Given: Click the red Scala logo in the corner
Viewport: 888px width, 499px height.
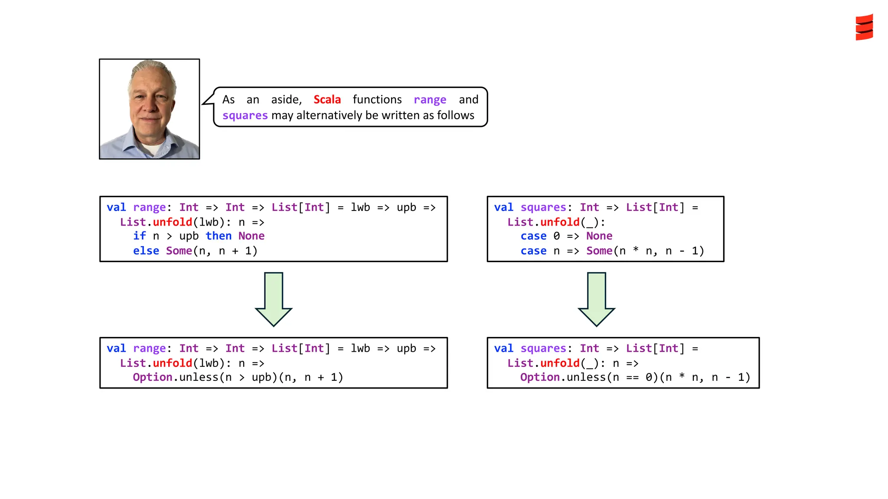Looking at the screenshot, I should pos(864,27).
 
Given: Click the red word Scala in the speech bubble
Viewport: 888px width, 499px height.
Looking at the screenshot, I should pos(327,99).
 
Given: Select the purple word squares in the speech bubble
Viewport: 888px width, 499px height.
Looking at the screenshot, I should pos(245,115).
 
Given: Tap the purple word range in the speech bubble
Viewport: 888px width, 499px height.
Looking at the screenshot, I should pos(430,99).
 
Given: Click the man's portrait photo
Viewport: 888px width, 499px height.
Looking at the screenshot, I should pos(150,109).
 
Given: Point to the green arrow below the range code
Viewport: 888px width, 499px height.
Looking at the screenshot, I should pos(274,299).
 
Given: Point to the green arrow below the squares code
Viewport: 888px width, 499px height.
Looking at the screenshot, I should pos(596,299).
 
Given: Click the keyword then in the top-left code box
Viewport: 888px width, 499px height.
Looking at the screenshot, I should pos(219,236).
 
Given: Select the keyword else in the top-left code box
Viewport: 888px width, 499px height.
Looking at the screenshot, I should pos(146,251).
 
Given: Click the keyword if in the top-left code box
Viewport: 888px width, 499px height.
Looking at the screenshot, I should pos(139,236).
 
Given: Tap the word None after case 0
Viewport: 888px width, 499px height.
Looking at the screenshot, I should pos(599,236).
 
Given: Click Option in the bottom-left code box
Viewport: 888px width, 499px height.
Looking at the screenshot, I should pos(153,377).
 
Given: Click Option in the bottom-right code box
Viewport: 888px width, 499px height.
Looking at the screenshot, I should pos(540,377).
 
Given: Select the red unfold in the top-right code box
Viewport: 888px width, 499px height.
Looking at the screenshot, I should pos(560,222).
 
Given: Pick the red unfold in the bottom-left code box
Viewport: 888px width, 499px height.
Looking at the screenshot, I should pos(173,363).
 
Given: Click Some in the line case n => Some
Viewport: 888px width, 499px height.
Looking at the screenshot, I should pos(599,251).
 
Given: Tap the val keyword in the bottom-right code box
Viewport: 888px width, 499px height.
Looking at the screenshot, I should pos(503,348).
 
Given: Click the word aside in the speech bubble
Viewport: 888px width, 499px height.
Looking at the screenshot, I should pos(286,100).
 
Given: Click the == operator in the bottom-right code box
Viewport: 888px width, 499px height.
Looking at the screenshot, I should pos(632,377).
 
